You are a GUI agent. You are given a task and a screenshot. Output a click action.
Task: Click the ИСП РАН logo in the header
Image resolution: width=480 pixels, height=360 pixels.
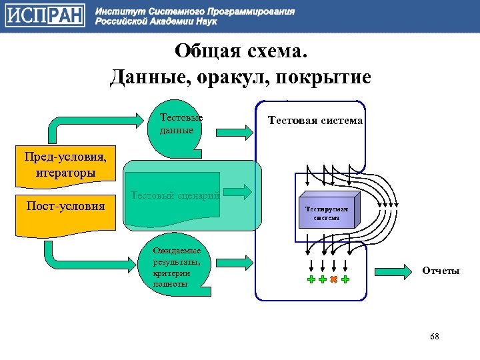[46, 16]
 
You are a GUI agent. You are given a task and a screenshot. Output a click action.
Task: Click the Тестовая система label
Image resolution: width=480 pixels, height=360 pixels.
[315, 121]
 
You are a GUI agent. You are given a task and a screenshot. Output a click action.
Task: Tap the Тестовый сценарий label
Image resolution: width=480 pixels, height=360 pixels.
[176, 195]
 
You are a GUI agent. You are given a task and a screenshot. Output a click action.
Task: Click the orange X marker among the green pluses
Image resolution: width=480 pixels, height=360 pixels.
[333, 280]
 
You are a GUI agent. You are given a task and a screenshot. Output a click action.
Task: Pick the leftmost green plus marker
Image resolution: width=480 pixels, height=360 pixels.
[311, 280]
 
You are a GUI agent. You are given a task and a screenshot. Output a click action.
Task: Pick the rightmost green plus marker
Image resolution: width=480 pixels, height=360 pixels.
[345, 280]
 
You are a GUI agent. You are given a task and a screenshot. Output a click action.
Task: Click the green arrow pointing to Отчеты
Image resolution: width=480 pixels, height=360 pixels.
[393, 271]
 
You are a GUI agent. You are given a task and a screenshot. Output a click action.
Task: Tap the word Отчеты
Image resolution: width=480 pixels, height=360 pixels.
[440, 271]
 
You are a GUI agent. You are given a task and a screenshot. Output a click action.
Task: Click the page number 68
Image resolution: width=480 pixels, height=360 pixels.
[435, 337]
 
